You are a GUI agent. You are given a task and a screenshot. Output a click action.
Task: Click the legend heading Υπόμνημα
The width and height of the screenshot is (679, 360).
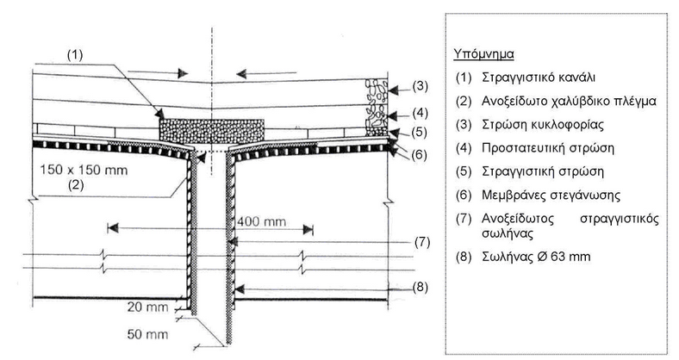pos(483,53)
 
